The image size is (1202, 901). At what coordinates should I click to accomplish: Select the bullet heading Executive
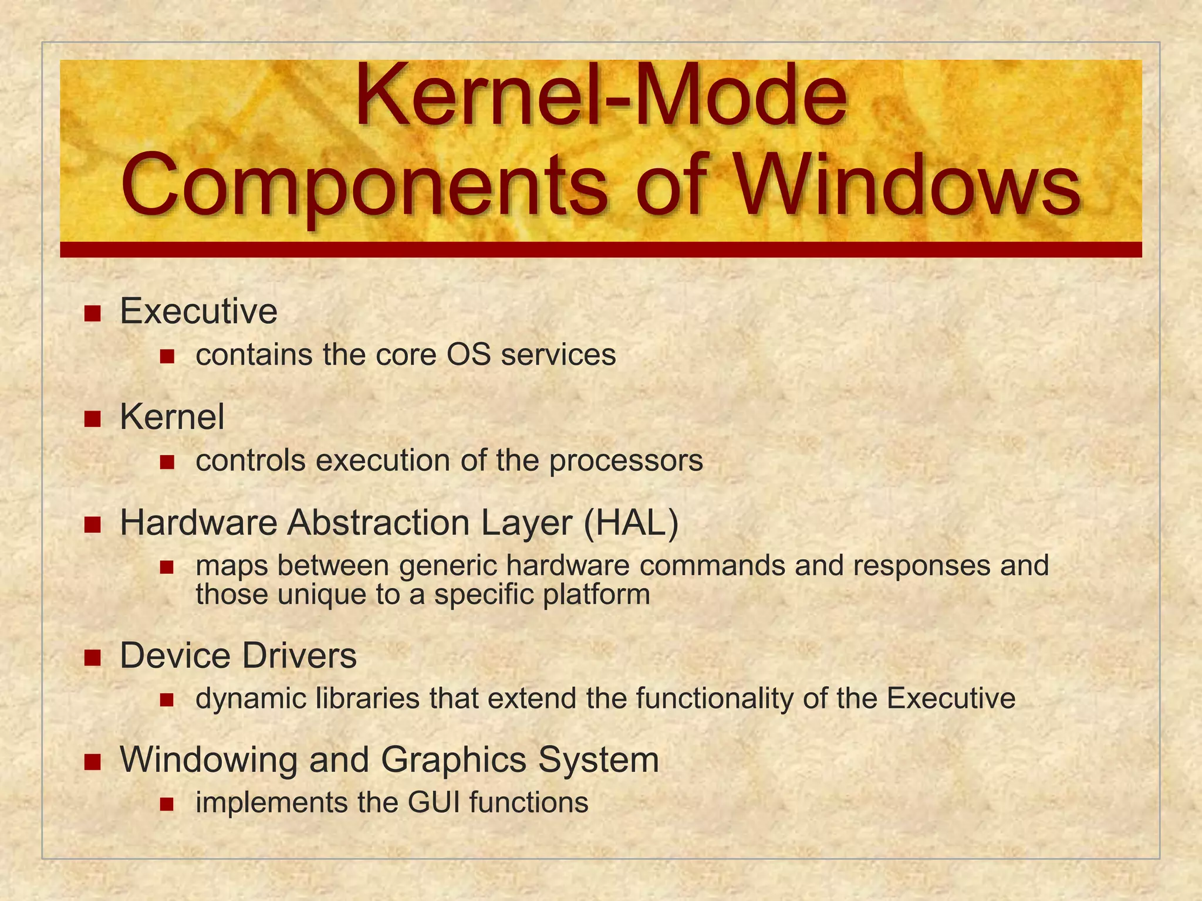click(x=198, y=311)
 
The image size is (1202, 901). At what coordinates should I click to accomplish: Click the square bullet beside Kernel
click(x=93, y=419)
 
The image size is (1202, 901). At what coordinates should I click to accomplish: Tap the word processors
click(x=626, y=460)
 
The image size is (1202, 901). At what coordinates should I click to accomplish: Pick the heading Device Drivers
click(x=238, y=655)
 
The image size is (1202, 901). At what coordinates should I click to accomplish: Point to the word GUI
click(x=434, y=802)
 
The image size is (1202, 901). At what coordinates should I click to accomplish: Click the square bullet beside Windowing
click(x=93, y=761)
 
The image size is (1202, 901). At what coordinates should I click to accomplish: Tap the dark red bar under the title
click(x=601, y=249)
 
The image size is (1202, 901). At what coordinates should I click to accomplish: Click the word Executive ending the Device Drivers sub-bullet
click(x=951, y=699)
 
